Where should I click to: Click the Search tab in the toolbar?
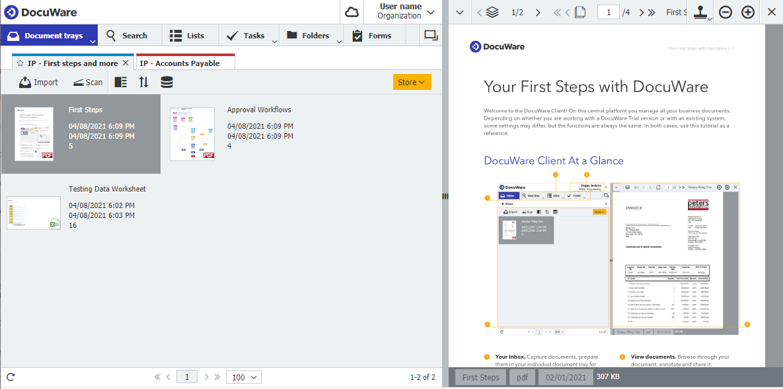pyautogui.click(x=127, y=36)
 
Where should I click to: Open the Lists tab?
pyautogui.click(x=187, y=36)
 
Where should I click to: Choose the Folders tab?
pyautogui.click(x=309, y=36)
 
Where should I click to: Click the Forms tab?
pyautogui.click(x=372, y=36)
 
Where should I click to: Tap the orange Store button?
pyautogui.click(x=412, y=82)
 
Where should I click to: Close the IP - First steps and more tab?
pyautogui.click(x=126, y=63)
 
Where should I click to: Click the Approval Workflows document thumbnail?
pyautogui.click(x=192, y=134)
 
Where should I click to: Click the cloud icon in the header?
pyautogui.click(x=352, y=13)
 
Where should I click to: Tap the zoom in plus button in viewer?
pyautogui.click(x=748, y=13)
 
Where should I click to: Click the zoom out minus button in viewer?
pyautogui.click(x=726, y=13)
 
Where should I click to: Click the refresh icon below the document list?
pyautogui.click(x=11, y=377)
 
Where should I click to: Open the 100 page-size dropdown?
pyautogui.click(x=243, y=377)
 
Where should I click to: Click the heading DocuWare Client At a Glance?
pyautogui.click(x=554, y=160)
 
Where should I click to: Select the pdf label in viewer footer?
pyautogui.click(x=522, y=377)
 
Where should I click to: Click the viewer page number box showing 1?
pyautogui.click(x=608, y=12)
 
